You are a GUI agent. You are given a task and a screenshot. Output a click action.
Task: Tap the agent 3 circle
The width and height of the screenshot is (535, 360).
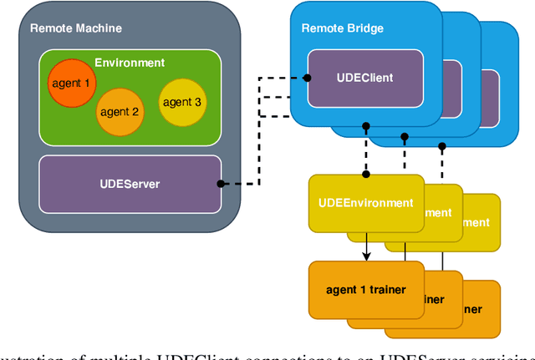pos(182,103)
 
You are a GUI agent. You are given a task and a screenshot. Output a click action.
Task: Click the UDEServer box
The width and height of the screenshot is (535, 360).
pos(130,184)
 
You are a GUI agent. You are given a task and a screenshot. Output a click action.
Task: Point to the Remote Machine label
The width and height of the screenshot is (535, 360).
pos(76,28)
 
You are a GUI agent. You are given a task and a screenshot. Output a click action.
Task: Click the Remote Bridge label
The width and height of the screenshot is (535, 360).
pos(343,28)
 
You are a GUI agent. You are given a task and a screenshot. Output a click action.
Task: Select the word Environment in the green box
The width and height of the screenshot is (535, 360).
pos(130,63)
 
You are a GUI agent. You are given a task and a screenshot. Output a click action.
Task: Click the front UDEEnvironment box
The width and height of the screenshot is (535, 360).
pos(366,202)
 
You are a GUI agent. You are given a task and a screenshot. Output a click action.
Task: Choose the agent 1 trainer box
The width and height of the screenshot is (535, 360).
pos(365,290)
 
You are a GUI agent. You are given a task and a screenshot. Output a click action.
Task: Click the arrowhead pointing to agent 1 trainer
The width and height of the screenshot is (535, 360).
pos(366,256)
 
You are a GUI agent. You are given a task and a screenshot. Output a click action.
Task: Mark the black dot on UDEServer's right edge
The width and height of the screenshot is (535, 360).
pos(221,184)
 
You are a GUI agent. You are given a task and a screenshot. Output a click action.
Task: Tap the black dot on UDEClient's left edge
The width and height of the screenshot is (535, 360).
pos(308,78)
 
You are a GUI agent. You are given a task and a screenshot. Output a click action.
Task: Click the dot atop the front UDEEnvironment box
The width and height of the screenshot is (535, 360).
pos(366,175)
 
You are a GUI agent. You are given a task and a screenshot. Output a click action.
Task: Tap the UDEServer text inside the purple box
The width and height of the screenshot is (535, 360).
pos(130,184)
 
